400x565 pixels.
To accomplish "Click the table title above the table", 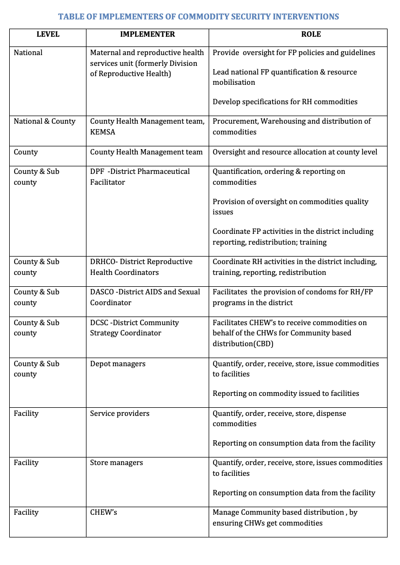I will click(198, 17).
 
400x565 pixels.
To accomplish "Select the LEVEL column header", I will click(48, 34).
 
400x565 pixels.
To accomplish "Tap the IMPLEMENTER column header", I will click(147, 34).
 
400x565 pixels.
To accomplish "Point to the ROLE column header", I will click(311, 34).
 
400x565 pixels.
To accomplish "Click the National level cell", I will click(28, 53).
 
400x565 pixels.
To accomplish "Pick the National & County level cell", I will click(44, 122).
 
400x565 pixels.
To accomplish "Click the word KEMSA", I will click(103, 132).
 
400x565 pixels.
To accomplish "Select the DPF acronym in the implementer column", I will click(97, 172).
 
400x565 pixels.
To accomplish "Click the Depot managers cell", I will click(117, 364).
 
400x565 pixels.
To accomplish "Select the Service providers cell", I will click(119, 414).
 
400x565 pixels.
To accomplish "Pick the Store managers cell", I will click(116, 463).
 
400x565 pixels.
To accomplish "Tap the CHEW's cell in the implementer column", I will click(103, 513).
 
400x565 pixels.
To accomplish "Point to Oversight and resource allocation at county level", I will click(295, 152).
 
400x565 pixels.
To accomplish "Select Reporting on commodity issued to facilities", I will click(285, 394).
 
